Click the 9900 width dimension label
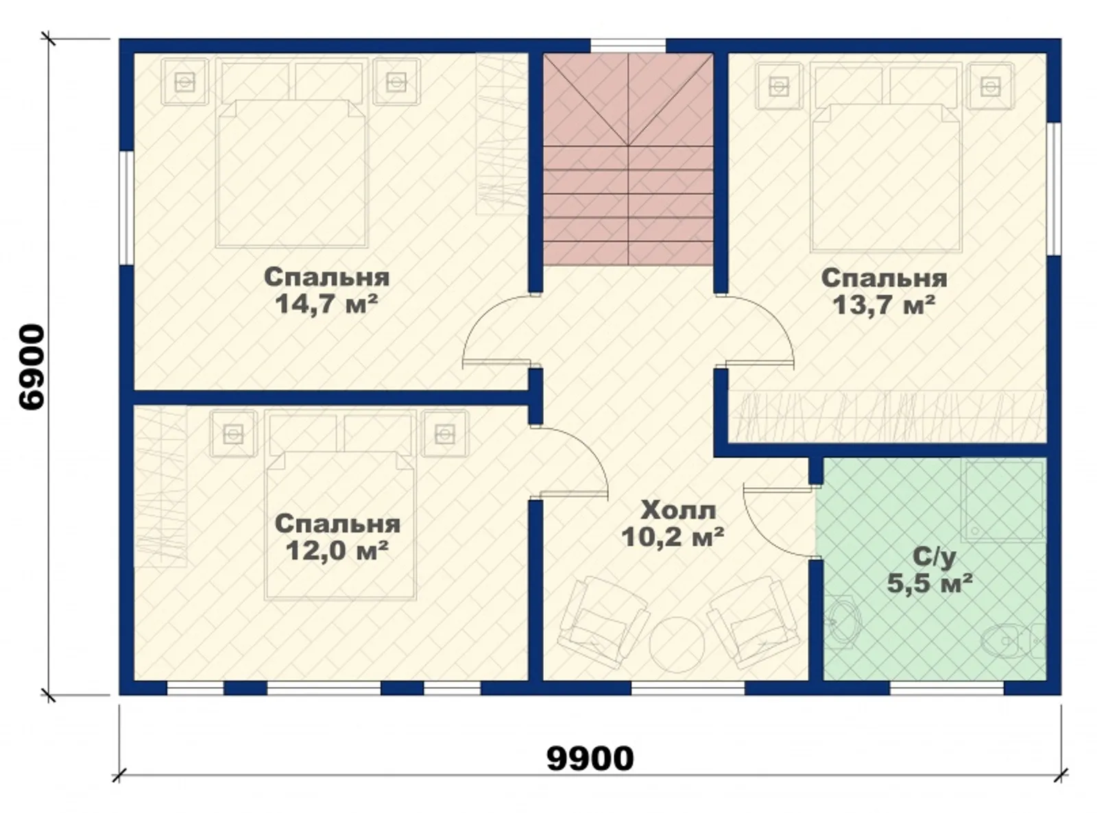[x=590, y=758]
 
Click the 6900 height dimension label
[x=32, y=367]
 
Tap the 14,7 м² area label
[x=326, y=304]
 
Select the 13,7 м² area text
[x=884, y=305]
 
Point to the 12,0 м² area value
[x=337, y=550]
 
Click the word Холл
[x=678, y=510]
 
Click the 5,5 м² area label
[x=930, y=583]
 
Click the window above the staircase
[x=628, y=45]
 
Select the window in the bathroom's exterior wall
[x=947, y=688]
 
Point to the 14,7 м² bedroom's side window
[x=127, y=208]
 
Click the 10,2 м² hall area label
[x=673, y=537]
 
